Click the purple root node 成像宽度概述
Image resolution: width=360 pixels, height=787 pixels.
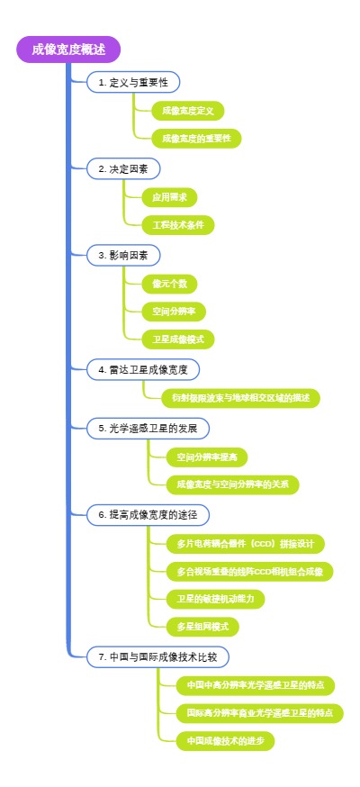(x=67, y=50)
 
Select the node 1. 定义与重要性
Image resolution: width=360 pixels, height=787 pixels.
(x=133, y=82)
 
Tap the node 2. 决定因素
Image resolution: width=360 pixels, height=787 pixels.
(x=124, y=168)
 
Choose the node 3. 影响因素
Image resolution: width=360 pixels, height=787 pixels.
(x=124, y=256)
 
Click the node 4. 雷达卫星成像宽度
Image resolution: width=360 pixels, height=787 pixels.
(x=142, y=369)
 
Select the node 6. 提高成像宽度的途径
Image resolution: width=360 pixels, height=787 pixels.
(x=148, y=514)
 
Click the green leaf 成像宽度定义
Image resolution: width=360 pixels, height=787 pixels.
(x=187, y=111)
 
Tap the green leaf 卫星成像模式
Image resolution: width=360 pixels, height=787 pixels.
(x=178, y=339)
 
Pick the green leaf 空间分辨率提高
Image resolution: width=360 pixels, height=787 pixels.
(x=212, y=457)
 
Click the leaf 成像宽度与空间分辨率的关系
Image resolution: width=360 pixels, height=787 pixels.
(x=232, y=484)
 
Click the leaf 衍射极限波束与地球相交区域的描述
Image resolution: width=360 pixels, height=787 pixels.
(x=232, y=397)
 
